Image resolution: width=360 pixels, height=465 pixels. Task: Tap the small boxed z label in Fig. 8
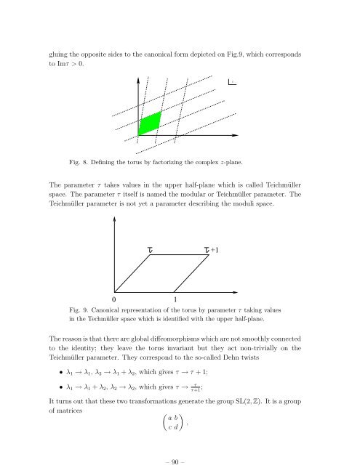point(232,82)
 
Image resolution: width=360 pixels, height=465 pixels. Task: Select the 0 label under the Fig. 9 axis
point(114,298)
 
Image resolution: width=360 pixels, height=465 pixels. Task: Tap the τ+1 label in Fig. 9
point(212,251)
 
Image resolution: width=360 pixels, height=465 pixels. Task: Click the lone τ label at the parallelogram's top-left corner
point(149,251)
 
